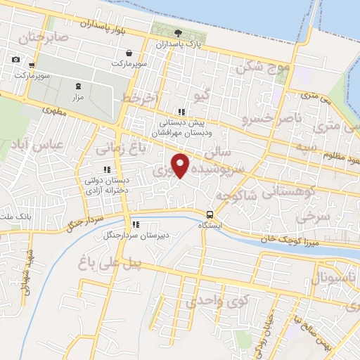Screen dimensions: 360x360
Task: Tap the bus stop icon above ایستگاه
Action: [210, 214]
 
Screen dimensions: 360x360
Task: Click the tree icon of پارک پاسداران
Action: [178, 32]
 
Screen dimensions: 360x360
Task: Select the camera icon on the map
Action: [15, 59]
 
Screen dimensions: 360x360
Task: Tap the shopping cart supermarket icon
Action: [32, 65]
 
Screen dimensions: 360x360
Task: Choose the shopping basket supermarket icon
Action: [129, 53]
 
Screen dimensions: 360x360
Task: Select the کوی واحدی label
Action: [217, 302]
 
